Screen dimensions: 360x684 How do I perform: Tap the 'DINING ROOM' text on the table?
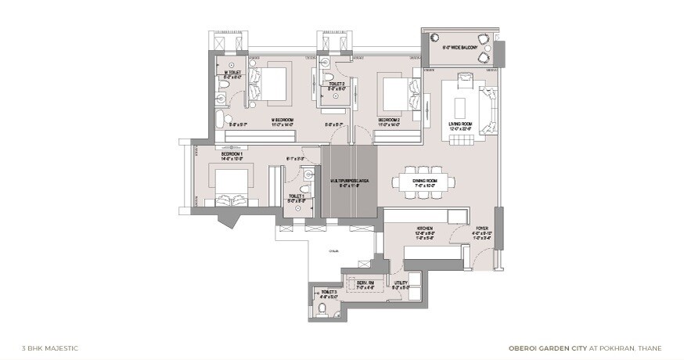(424, 181)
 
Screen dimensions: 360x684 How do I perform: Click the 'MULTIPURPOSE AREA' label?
(350, 181)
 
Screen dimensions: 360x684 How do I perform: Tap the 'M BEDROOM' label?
(282, 120)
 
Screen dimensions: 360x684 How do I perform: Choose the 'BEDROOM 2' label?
(389, 120)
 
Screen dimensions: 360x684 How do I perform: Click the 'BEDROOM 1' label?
(233, 154)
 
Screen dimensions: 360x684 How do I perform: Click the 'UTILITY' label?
(400, 283)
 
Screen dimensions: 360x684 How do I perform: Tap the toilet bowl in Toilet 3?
(323, 309)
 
